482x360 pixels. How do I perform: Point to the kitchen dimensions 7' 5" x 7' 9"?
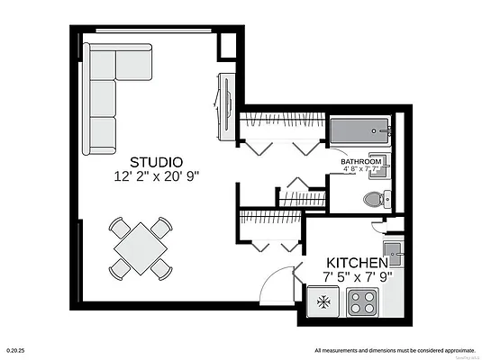(357, 277)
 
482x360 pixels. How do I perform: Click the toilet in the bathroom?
(371, 199)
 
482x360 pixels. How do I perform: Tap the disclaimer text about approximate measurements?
(395, 350)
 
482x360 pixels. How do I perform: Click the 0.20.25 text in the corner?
(14, 350)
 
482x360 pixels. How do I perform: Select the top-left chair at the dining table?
(118, 226)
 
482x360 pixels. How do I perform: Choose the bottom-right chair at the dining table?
(160, 267)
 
